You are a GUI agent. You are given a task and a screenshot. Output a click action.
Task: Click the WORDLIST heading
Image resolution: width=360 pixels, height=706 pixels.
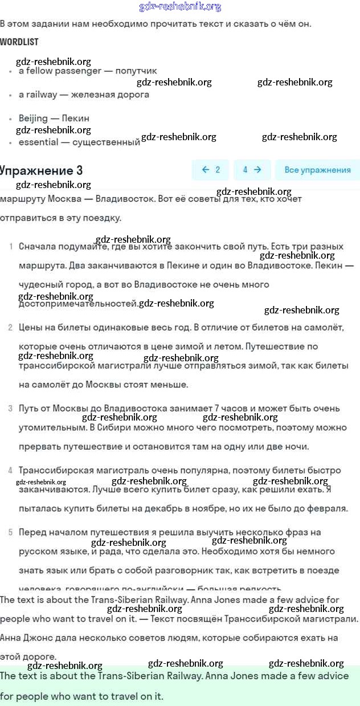point(19,42)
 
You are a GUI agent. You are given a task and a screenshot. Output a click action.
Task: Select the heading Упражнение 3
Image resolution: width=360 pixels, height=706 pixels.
point(41,170)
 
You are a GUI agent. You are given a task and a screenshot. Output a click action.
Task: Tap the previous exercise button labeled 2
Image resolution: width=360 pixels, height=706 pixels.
point(211,170)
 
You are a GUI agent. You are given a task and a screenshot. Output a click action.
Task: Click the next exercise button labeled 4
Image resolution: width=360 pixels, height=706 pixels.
point(252,170)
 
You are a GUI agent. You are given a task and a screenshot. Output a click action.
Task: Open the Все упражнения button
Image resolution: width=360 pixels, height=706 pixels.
point(317,170)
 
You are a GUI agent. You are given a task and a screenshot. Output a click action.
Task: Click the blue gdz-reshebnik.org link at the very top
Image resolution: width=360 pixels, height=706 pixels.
point(180,7)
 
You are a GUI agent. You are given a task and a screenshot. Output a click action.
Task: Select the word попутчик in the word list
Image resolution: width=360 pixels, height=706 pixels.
point(136,71)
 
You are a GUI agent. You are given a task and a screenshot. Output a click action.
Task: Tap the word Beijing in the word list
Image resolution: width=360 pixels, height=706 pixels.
point(33,119)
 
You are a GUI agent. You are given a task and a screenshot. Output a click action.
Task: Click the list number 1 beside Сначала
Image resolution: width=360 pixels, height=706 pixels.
point(11,247)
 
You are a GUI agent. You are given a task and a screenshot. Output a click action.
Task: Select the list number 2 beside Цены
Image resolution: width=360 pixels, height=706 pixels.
point(10,328)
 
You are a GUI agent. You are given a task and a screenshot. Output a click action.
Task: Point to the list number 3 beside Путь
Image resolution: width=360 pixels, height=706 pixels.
point(10,409)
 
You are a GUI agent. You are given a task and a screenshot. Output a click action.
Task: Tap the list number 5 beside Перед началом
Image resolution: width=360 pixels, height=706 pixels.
point(10,533)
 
